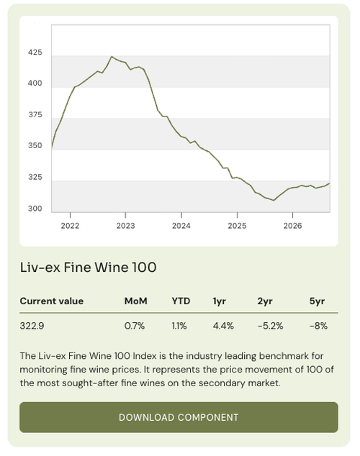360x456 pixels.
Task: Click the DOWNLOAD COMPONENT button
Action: (179, 417)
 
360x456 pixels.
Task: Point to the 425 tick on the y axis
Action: (35, 53)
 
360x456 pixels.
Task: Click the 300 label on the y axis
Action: (35, 209)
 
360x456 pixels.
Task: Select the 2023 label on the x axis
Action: (126, 226)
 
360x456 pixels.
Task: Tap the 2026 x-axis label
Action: (293, 226)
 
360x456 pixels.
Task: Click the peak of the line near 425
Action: (112, 56)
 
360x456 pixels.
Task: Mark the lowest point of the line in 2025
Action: (274, 200)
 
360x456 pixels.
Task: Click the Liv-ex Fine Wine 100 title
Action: (88, 268)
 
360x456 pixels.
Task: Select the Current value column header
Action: (52, 301)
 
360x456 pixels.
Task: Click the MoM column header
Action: (135, 301)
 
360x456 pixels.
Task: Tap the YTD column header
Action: (181, 301)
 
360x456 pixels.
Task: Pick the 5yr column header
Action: (318, 301)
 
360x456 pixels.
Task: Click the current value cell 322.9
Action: (32, 326)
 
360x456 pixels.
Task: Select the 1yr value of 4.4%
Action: (223, 326)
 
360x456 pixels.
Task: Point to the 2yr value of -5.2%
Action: (271, 326)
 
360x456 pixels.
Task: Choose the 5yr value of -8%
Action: (318, 326)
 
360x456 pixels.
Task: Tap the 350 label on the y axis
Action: (35, 145)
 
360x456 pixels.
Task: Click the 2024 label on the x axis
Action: (181, 226)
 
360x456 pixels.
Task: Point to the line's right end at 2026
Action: (330, 183)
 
